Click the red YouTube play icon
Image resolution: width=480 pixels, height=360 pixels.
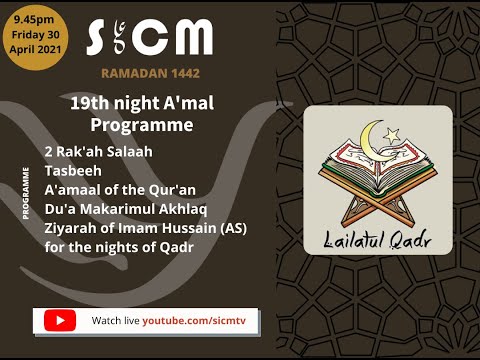pos(59,320)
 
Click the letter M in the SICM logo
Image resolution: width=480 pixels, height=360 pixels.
pos(190,38)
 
